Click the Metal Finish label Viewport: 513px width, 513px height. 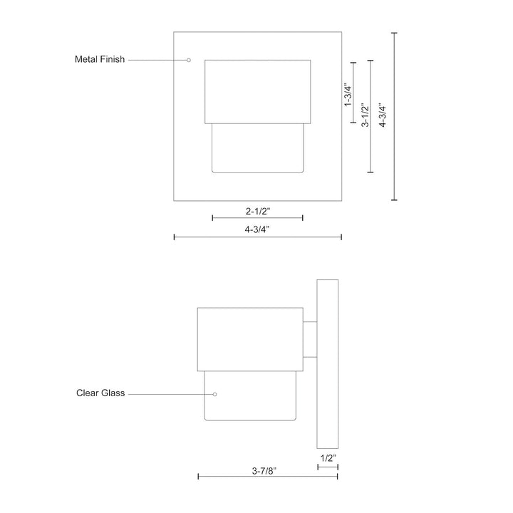[x=100, y=60]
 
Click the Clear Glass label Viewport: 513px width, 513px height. [x=100, y=393]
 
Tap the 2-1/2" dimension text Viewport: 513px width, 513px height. [x=257, y=211]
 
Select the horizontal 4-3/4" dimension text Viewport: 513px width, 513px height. [x=257, y=229]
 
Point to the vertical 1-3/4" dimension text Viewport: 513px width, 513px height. [x=348, y=95]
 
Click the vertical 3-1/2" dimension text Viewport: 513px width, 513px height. [x=364, y=115]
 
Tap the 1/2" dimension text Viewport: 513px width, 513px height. [x=327, y=458]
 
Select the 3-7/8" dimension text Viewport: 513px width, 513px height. [x=264, y=470]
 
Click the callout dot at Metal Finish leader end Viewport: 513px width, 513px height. [x=188, y=60]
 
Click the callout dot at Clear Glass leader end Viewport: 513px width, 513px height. [x=214, y=393]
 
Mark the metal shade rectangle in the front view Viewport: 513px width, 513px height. [x=257, y=91]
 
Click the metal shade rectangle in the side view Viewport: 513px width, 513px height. [x=249, y=339]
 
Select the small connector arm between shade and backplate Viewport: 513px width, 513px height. [x=309, y=339]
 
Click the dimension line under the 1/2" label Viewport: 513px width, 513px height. [x=327, y=467]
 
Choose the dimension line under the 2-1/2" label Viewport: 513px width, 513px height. [x=257, y=218]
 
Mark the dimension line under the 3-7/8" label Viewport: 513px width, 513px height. [x=268, y=477]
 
